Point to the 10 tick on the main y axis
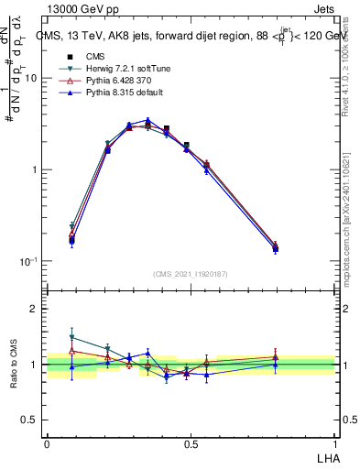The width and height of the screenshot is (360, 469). [30, 78]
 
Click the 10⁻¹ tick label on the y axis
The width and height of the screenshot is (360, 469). [28, 261]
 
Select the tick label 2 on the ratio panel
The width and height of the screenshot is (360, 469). [36, 309]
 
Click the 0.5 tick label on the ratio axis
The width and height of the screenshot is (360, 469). [31, 420]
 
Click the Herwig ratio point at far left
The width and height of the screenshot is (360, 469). [72, 337]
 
